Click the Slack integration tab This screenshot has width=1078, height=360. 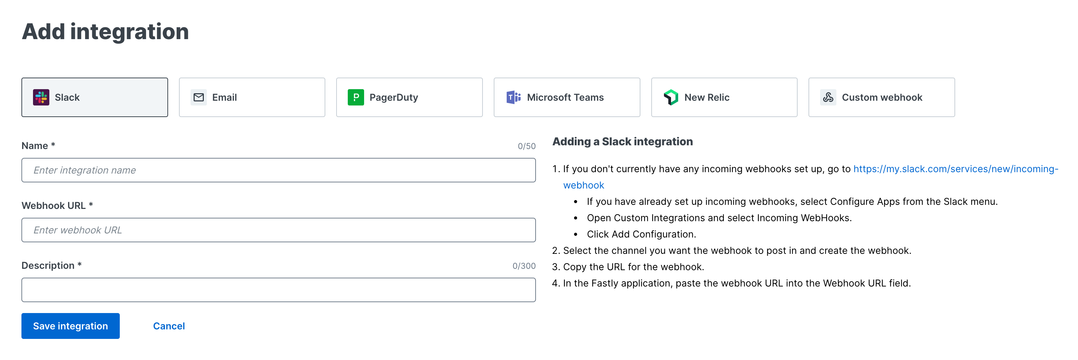coord(95,97)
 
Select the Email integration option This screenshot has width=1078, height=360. coord(252,97)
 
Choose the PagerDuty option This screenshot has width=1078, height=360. coord(409,97)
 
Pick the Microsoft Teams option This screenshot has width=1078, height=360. coord(566,97)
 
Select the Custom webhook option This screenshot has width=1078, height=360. coord(881,97)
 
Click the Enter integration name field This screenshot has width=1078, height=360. coord(278,170)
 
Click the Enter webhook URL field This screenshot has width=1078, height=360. coord(278,230)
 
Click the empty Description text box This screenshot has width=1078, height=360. coord(278,290)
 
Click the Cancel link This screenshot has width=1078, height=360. coord(169,326)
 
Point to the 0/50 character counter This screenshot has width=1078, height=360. coord(526,146)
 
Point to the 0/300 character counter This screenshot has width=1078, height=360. coord(523,266)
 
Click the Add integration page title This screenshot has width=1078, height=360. coord(105,32)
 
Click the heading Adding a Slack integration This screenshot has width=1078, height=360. coord(622,142)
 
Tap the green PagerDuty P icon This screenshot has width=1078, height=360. coord(355,97)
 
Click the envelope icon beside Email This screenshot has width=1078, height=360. coord(198,97)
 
